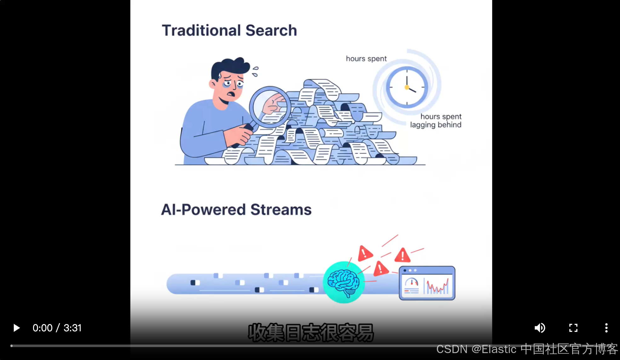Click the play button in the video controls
(x=16, y=328)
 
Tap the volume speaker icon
(x=540, y=328)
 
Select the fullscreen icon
(x=573, y=328)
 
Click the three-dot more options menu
(x=606, y=328)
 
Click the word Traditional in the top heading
(x=201, y=31)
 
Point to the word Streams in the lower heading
(x=281, y=210)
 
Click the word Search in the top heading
(x=271, y=31)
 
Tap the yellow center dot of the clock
(x=407, y=87)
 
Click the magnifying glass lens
(x=270, y=107)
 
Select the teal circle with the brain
(x=344, y=282)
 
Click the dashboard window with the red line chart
(x=427, y=283)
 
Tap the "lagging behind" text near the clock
(x=435, y=125)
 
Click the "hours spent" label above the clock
(x=366, y=59)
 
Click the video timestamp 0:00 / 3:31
(x=57, y=328)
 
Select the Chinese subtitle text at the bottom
(x=311, y=333)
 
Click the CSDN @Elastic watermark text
(x=527, y=349)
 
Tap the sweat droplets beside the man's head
(x=255, y=71)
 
